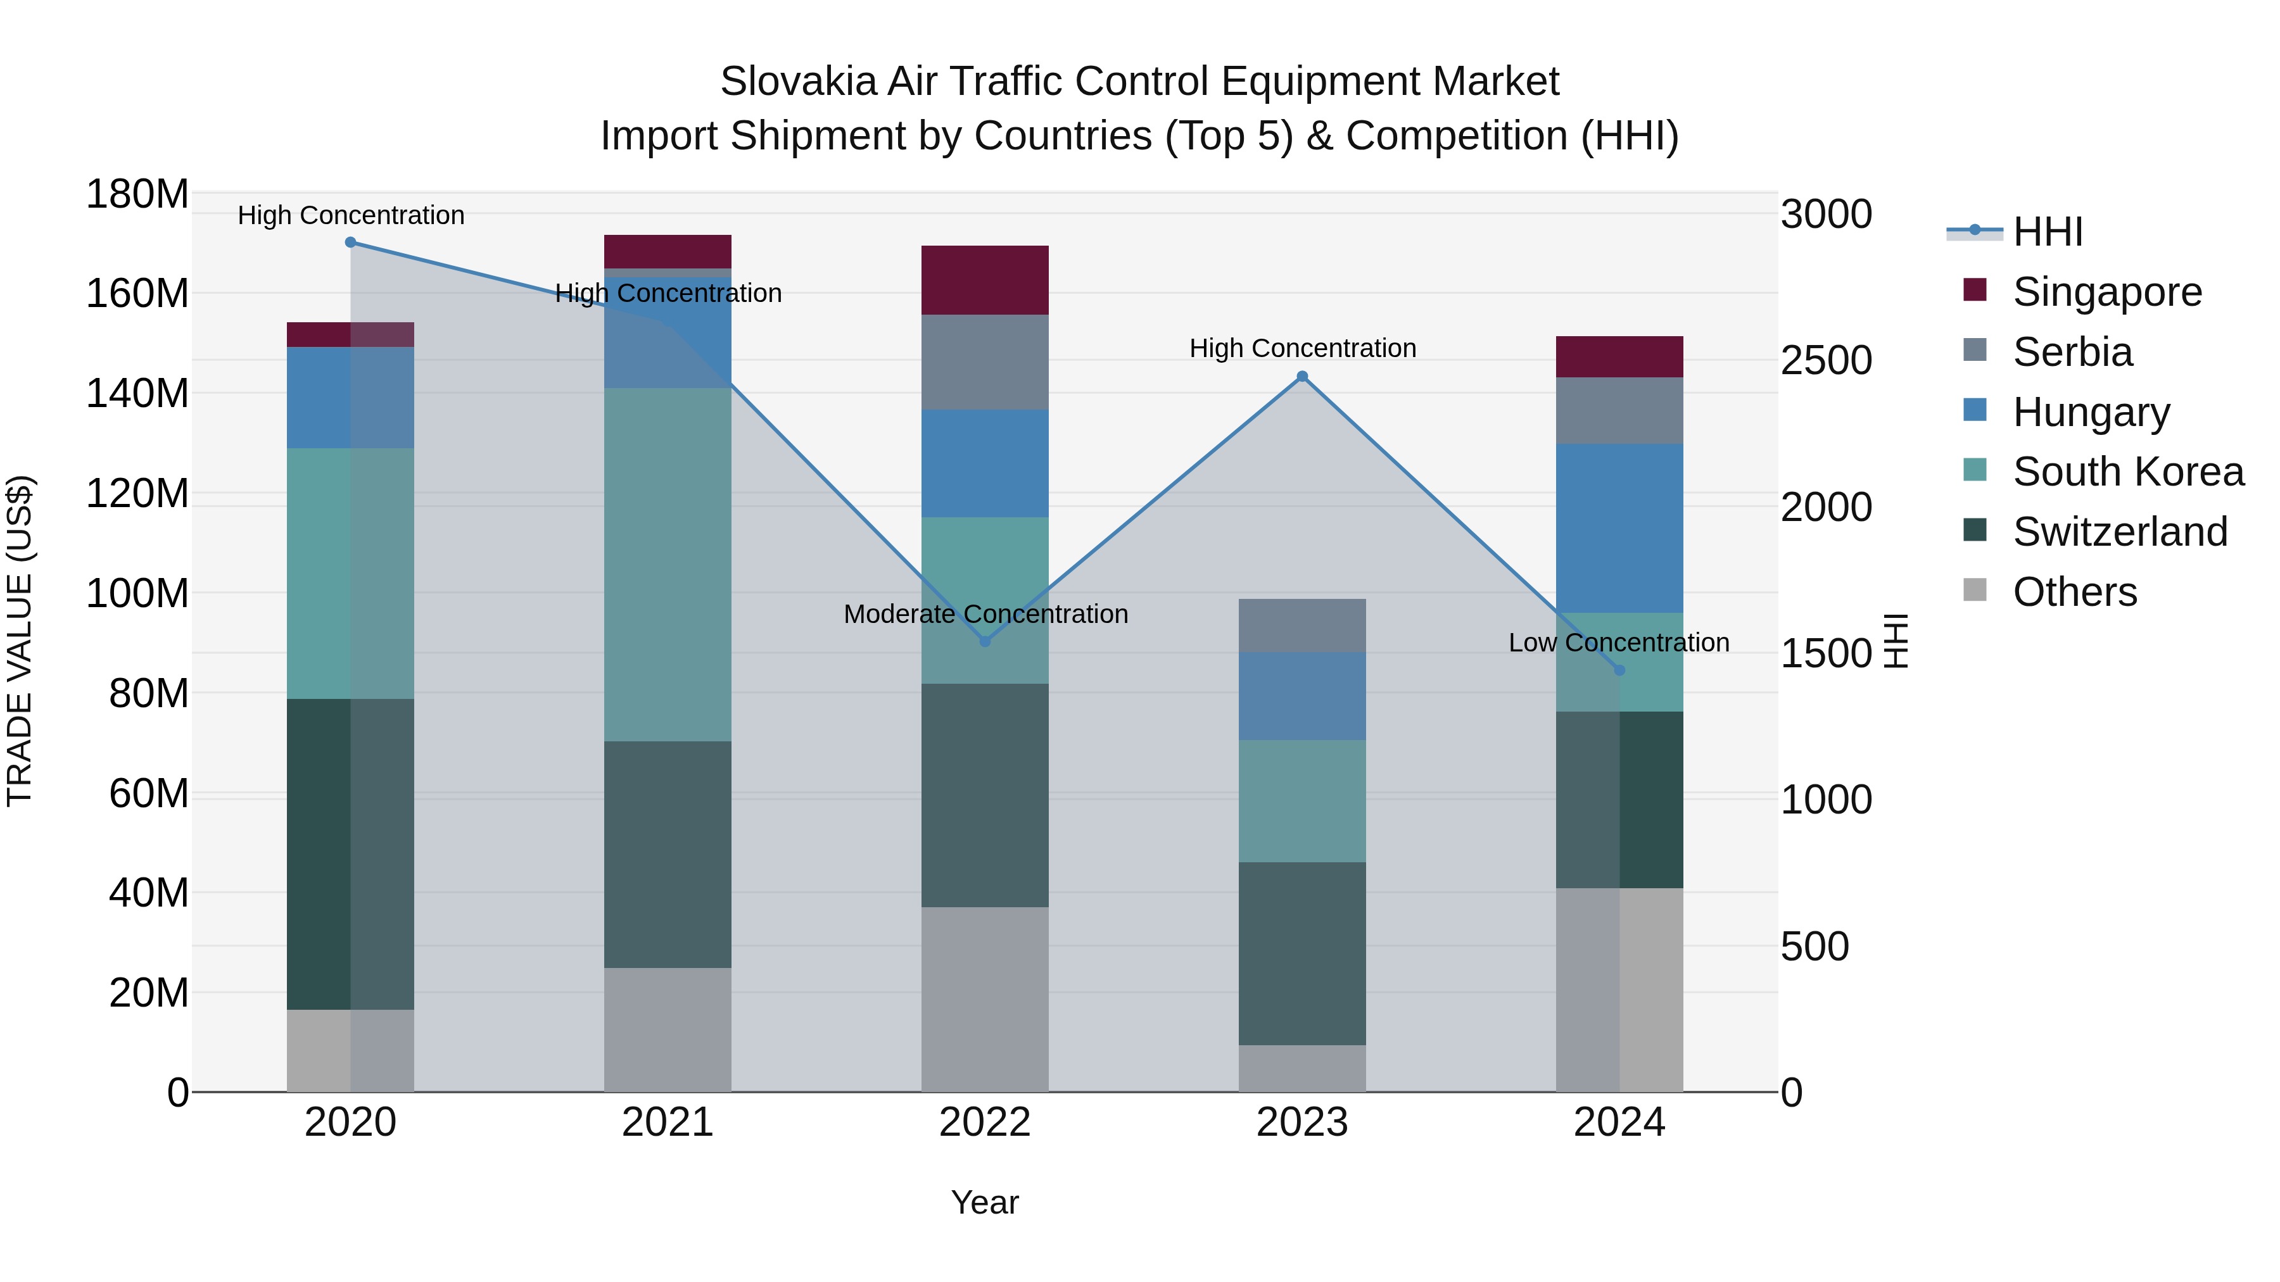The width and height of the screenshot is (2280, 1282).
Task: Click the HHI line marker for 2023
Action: pyautogui.click(x=1302, y=377)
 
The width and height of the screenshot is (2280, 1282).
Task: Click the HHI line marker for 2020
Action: pyautogui.click(x=350, y=242)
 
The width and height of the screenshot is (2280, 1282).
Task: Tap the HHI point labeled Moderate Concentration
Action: pyautogui.click(x=985, y=641)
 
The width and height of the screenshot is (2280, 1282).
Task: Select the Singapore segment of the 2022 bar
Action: pyautogui.click(x=985, y=280)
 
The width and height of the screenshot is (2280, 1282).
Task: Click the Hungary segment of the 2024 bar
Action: pyautogui.click(x=1619, y=528)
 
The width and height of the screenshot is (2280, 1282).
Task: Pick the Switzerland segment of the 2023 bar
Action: pyautogui.click(x=1302, y=954)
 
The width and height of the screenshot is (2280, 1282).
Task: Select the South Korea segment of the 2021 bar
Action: pyautogui.click(x=668, y=565)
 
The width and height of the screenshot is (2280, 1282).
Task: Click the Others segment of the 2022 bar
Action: pyautogui.click(x=985, y=1000)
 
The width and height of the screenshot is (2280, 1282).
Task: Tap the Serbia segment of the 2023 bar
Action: pyautogui.click(x=1302, y=625)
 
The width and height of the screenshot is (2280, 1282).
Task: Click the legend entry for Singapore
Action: pyautogui.click(x=2106, y=292)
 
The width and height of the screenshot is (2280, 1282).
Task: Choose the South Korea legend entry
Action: pyautogui.click(x=2128, y=472)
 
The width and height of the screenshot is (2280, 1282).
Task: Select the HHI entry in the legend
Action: pyautogui.click(x=2047, y=232)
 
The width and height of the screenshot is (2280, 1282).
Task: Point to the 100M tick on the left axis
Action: pyautogui.click(x=137, y=593)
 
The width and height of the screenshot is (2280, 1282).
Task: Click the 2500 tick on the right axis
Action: pyautogui.click(x=1826, y=360)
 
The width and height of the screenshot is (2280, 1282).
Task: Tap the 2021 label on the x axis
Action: pyautogui.click(x=668, y=1122)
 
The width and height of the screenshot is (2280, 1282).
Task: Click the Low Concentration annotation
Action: pyautogui.click(x=1619, y=643)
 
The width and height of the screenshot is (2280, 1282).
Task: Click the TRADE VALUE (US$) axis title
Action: pyautogui.click(x=20, y=641)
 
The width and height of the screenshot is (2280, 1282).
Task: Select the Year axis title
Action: pyautogui.click(x=984, y=1202)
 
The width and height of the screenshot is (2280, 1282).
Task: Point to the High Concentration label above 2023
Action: pyautogui.click(x=1302, y=349)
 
